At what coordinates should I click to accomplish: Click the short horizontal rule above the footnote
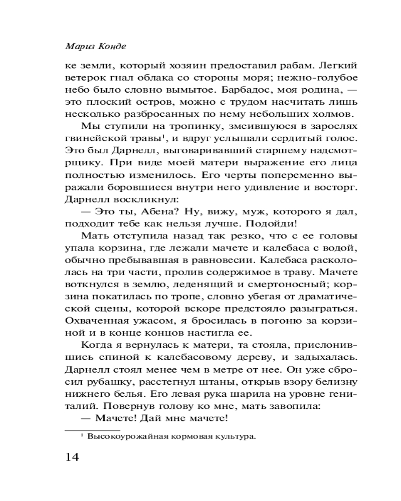(x=92, y=430)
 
